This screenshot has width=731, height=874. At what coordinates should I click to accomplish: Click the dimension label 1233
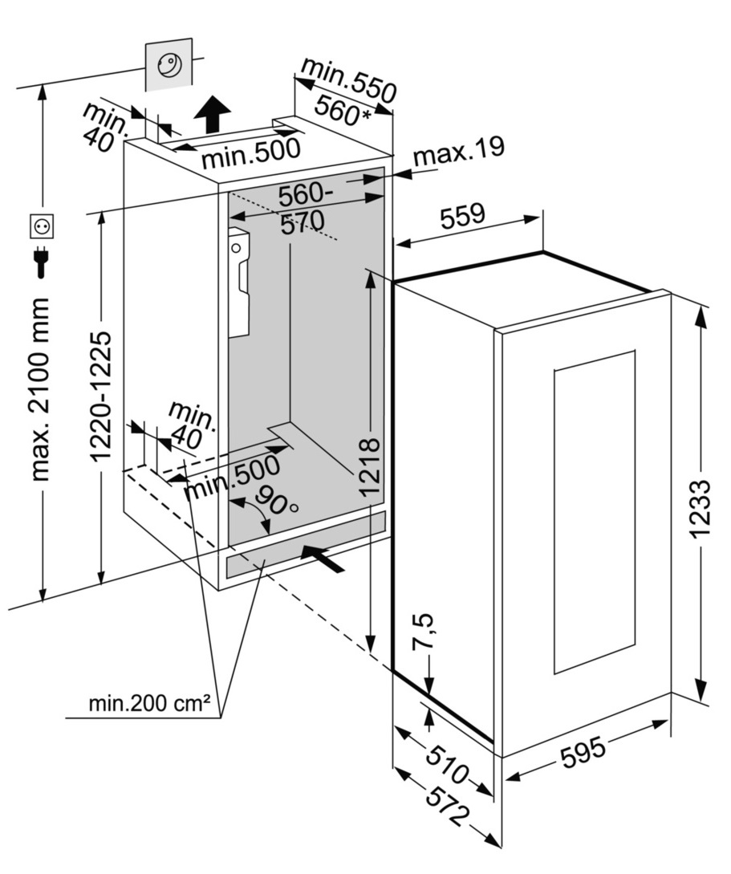point(701,507)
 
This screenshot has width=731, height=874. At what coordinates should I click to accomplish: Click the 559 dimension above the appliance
point(463,214)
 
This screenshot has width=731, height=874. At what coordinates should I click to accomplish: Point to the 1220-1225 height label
point(100,396)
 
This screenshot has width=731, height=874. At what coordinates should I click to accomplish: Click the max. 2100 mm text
point(41,389)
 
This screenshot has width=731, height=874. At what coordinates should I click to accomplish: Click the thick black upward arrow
point(213,112)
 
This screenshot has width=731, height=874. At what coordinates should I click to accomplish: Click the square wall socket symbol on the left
point(41,227)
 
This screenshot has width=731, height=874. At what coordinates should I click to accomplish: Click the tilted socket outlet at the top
point(169,63)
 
